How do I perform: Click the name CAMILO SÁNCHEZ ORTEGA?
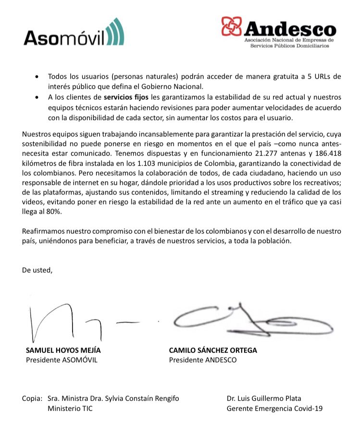tap(213, 350)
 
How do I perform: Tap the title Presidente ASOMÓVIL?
tap(62, 360)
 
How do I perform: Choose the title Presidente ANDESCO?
tap(203, 360)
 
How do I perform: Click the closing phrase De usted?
tap(37, 270)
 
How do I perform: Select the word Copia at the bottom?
tap(33, 398)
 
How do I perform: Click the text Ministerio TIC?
tap(70, 408)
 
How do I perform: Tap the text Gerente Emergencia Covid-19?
tap(275, 408)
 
